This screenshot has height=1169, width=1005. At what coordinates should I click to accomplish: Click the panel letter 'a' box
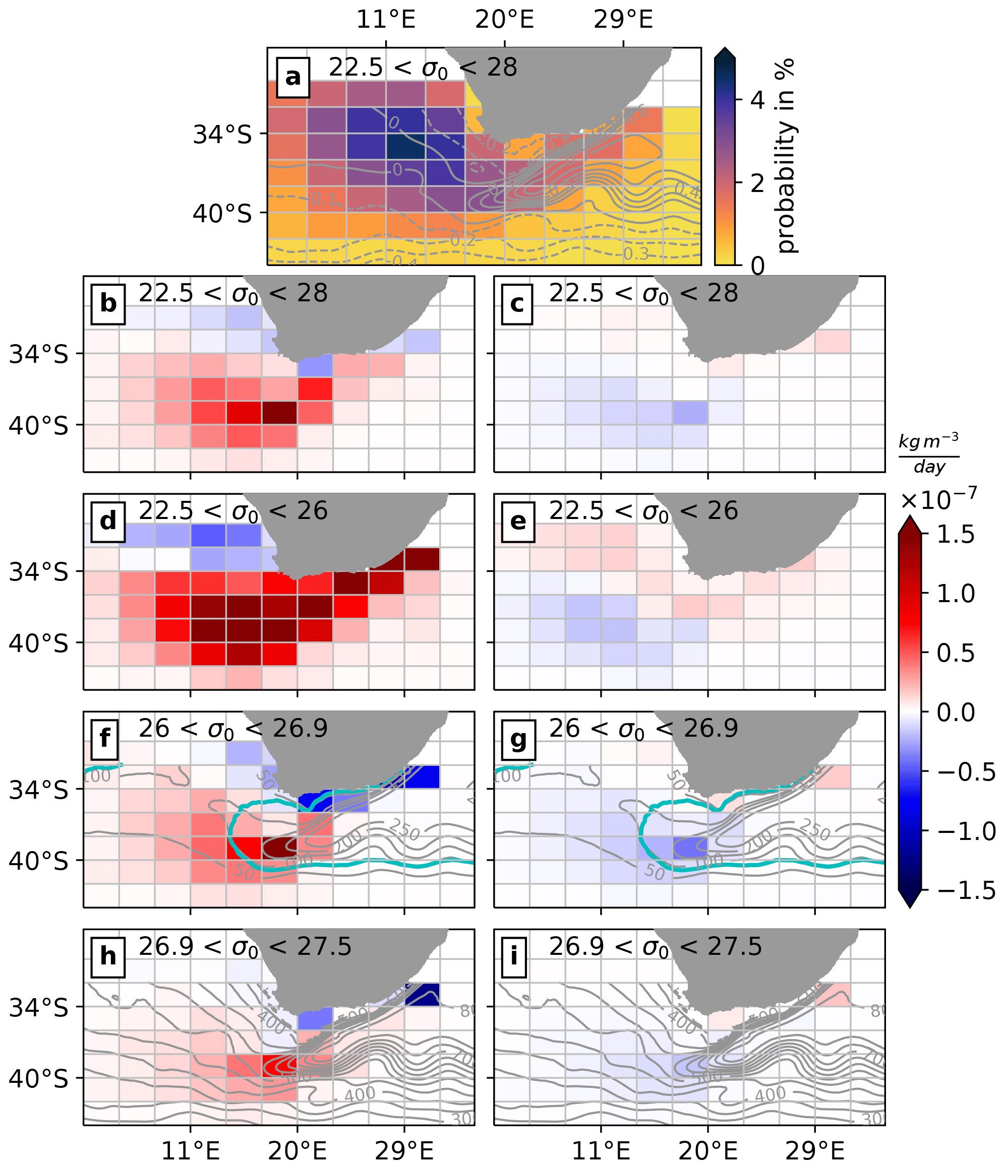click(x=293, y=77)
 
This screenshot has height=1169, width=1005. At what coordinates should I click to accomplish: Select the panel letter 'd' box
click(x=108, y=521)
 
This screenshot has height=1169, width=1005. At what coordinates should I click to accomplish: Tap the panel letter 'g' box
click(x=518, y=739)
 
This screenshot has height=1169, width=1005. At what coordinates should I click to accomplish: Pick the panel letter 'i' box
click(x=513, y=956)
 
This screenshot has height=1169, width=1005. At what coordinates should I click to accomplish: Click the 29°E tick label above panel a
click(x=623, y=20)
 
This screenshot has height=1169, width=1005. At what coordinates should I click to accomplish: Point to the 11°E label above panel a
click(x=386, y=20)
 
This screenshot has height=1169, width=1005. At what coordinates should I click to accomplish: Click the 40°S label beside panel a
click(x=222, y=214)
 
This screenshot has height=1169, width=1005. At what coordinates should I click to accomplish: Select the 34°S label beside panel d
click(x=38, y=572)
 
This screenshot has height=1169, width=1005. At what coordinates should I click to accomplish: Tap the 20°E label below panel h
click(x=297, y=1151)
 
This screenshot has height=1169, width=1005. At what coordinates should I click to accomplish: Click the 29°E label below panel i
click(x=814, y=1151)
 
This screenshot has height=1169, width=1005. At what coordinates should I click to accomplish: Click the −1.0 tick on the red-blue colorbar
click(x=966, y=831)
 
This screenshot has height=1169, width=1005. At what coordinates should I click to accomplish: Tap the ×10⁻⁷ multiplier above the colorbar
click(x=938, y=499)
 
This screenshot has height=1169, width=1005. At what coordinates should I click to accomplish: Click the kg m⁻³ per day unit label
click(x=928, y=453)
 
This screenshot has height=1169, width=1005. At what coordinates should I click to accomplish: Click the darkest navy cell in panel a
click(x=405, y=147)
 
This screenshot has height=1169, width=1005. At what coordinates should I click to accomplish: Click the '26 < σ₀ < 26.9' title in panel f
click(x=232, y=729)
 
